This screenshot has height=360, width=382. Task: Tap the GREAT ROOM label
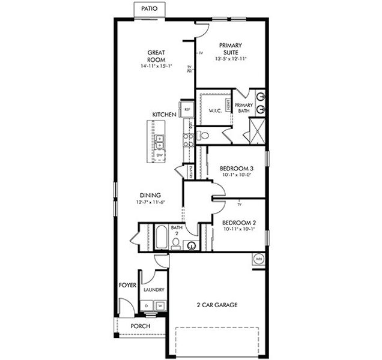[156, 56]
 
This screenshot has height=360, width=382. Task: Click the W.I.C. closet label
[216, 110]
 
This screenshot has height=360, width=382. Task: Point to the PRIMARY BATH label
[244, 108]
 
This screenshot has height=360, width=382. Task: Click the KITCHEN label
[164, 115]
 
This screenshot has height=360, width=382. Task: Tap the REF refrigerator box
[187, 110]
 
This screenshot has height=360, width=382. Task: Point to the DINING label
[150, 195]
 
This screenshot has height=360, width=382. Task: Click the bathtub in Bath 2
[161, 237]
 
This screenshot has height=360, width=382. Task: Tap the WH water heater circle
[259, 259]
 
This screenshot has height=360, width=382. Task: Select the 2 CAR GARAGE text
[217, 305]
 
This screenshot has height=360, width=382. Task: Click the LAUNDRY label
[154, 290]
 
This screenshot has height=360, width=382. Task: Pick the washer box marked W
[160, 307]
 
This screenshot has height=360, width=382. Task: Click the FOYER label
[128, 285]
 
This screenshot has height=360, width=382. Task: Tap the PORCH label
[140, 326]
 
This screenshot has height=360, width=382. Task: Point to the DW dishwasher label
[160, 156]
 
